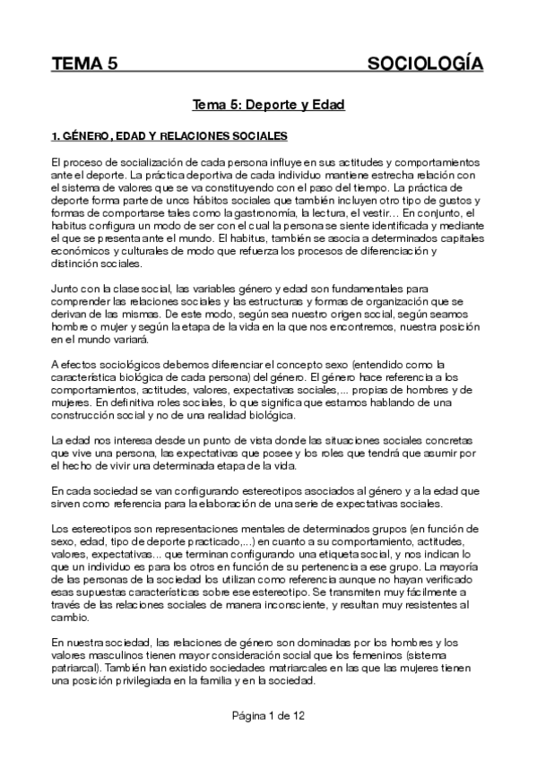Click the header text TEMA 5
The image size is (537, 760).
[85, 64]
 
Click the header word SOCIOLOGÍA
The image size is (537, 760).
[426, 64]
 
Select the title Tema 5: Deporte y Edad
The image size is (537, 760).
[269, 105]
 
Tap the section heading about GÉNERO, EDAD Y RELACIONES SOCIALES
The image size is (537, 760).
[169, 137]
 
